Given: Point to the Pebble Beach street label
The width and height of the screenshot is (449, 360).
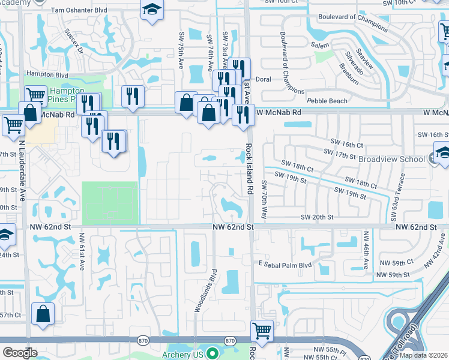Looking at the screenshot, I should tap(327, 101).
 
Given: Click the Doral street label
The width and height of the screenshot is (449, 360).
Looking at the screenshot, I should tap(264, 79).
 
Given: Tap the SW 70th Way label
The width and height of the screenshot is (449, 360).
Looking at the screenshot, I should tap(264, 199).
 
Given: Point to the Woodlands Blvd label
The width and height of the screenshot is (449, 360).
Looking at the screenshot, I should tap(204, 289).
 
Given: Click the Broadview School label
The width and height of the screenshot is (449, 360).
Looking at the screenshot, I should tap(391, 159).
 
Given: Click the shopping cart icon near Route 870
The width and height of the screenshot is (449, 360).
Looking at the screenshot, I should tap(262, 330).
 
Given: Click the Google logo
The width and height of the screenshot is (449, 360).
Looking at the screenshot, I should tap(20, 353).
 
